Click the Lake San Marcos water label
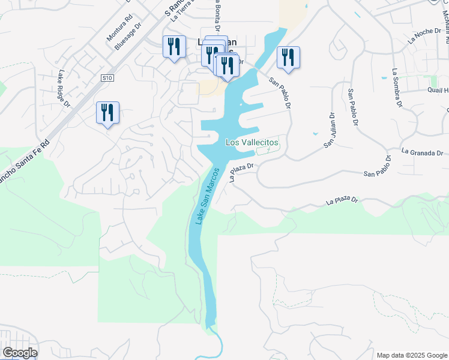tap(205, 197)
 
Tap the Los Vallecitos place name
tap(252, 142)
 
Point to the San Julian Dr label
tap(329, 130)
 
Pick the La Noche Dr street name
tap(424, 37)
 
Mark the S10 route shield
tap(107, 78)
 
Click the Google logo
tap(19, 353)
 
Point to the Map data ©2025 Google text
tap(411, 355)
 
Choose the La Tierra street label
tap(182, 10)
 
